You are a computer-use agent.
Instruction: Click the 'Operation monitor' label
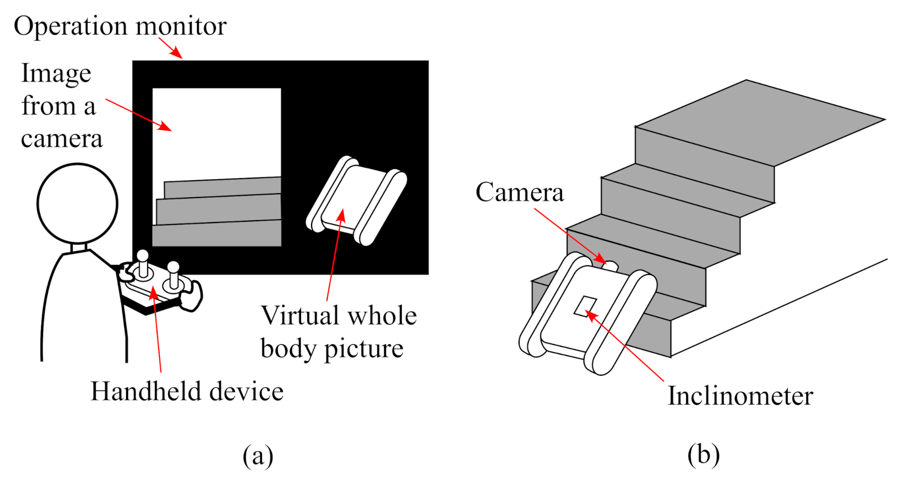(x=120, y=26)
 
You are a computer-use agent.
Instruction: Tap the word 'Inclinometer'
(x=740, y=396)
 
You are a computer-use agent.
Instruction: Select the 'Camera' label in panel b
(x=519, y=192)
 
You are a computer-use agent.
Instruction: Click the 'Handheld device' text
(x=187, y=391)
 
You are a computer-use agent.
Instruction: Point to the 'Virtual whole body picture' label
(x=338, y=332)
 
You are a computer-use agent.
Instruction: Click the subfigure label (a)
(x=258, y=455)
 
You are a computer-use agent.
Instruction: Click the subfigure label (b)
(x=703, y=454)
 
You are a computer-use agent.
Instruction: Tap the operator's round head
(x=77, y=203)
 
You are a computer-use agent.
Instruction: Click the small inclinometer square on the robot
(x=585, y=306)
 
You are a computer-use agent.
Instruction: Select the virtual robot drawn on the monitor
(x=357, y=200)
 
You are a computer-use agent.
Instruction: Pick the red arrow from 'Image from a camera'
(x=138, y=114)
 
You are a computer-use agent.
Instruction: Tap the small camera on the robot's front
(x=610, y=265)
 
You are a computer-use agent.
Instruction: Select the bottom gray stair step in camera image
(x=216, y=234)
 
